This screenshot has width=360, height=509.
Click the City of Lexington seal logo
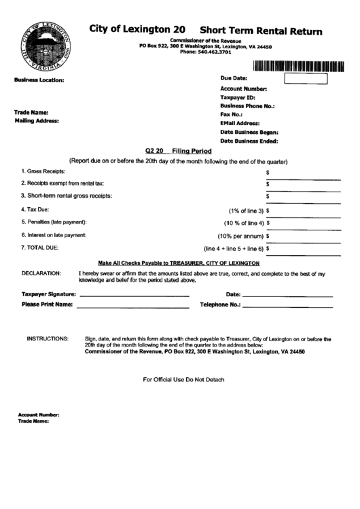click(46, 46)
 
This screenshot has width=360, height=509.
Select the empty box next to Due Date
click(305, 79)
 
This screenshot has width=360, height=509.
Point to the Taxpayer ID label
click(238, 98)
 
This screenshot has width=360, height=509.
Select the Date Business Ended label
click(249, 141)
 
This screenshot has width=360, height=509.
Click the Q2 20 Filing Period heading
click(179, 151)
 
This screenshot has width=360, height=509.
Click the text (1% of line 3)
click(246, 211)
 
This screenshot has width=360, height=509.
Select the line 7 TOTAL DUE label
click(40, 248)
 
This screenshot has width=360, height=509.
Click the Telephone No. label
click(220, 305)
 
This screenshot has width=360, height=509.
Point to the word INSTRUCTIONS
click(48, 338)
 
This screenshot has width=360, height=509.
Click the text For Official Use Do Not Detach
click(183, 379)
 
